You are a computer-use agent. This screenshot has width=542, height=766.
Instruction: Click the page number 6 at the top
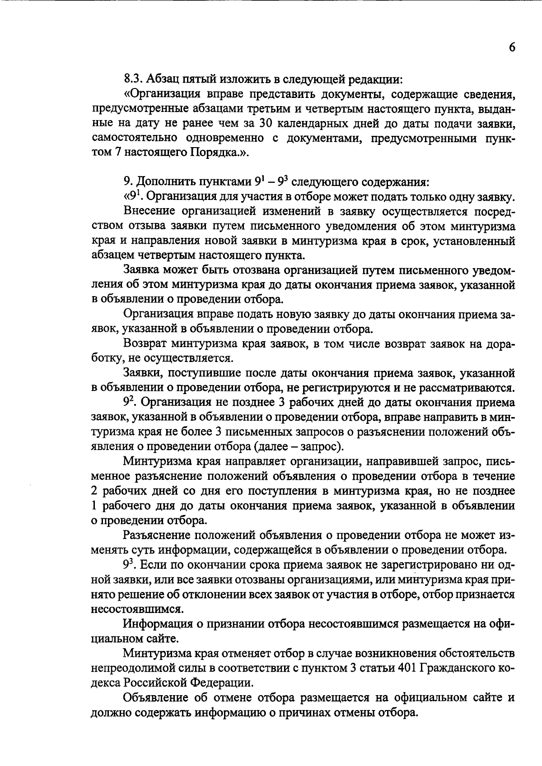(511, 48)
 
